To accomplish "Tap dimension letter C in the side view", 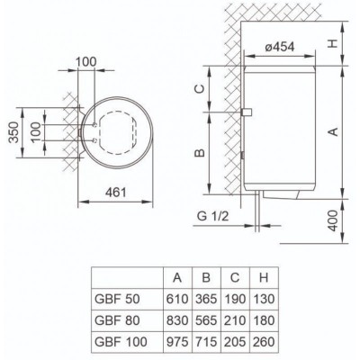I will pyautogui.click(x=202, y=87).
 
